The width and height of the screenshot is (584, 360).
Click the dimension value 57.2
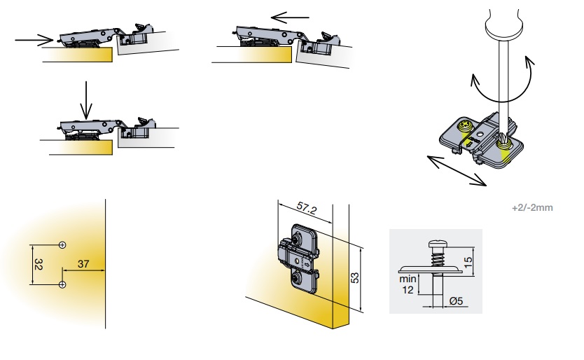pyautogui.click(x=307, y=208)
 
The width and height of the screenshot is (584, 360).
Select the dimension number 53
pyautogui.click(x=355, y=277)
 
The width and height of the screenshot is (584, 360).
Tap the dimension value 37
pyautogui.click(x=83, y=264)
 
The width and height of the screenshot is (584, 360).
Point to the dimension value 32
pyautogui.click(x=38, y=264)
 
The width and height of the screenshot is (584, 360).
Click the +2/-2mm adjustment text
pyautogui.click(x=532, y=207)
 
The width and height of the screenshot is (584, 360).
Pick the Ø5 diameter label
pyautogui.click(x=456, y=300)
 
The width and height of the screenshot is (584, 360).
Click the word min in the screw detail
pyautogui.click(x=408, y=279)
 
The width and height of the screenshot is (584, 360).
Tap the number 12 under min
pyautogui.click(x=408, y=289)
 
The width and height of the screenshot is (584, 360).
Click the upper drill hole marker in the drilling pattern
pyautogui.click(x=62, y=245)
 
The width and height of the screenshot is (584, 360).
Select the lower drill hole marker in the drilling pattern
pyautogui.click(x=62, y=285)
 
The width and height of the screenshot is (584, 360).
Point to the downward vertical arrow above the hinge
pyautogui.click(x=86, y=100)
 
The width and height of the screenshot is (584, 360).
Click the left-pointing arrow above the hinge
pyautogui.click(x=290, y=17)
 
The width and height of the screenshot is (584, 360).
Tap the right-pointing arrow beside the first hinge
pyautogui.click(x=34, y=39)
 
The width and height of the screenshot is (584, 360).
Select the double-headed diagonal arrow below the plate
pyautogui.click(x=457, y=171)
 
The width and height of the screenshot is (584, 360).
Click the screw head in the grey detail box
pyautogui.click(x=436, y=244)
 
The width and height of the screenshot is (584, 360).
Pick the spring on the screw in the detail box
pyautogui.click(x=436, y=257)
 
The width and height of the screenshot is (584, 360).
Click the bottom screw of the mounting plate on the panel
pyautogui.click(x=297, y=277)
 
